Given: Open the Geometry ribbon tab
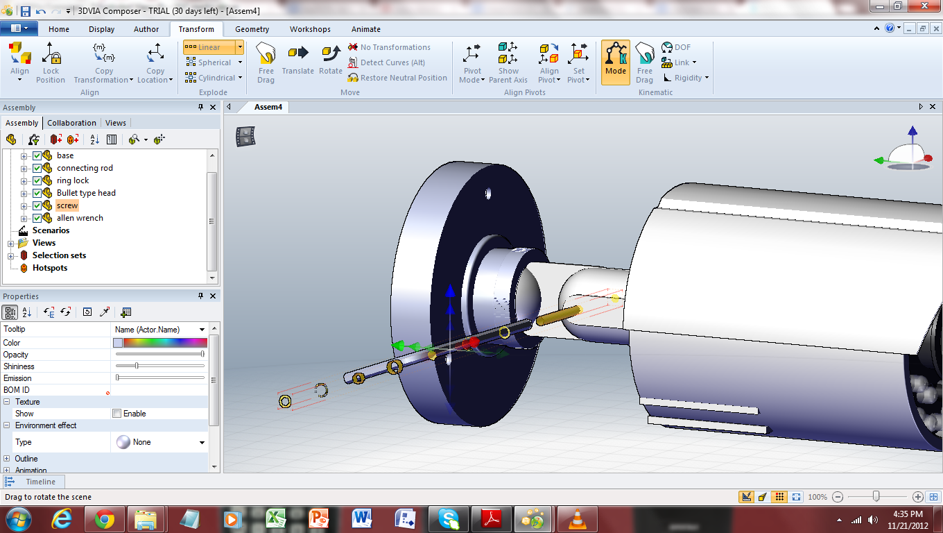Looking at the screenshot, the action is [252, 29].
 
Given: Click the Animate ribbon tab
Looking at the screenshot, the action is [366, 29].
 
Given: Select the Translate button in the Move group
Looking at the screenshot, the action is [297, 60].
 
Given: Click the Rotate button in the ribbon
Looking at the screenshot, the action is [331, 60].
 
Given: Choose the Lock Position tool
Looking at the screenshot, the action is [51, 62].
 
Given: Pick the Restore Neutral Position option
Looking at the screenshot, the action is [397, 78].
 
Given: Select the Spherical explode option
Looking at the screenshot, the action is [214, 62].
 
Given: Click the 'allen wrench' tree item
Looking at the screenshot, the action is [80, 218].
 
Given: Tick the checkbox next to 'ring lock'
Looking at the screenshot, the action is [37, 180].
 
